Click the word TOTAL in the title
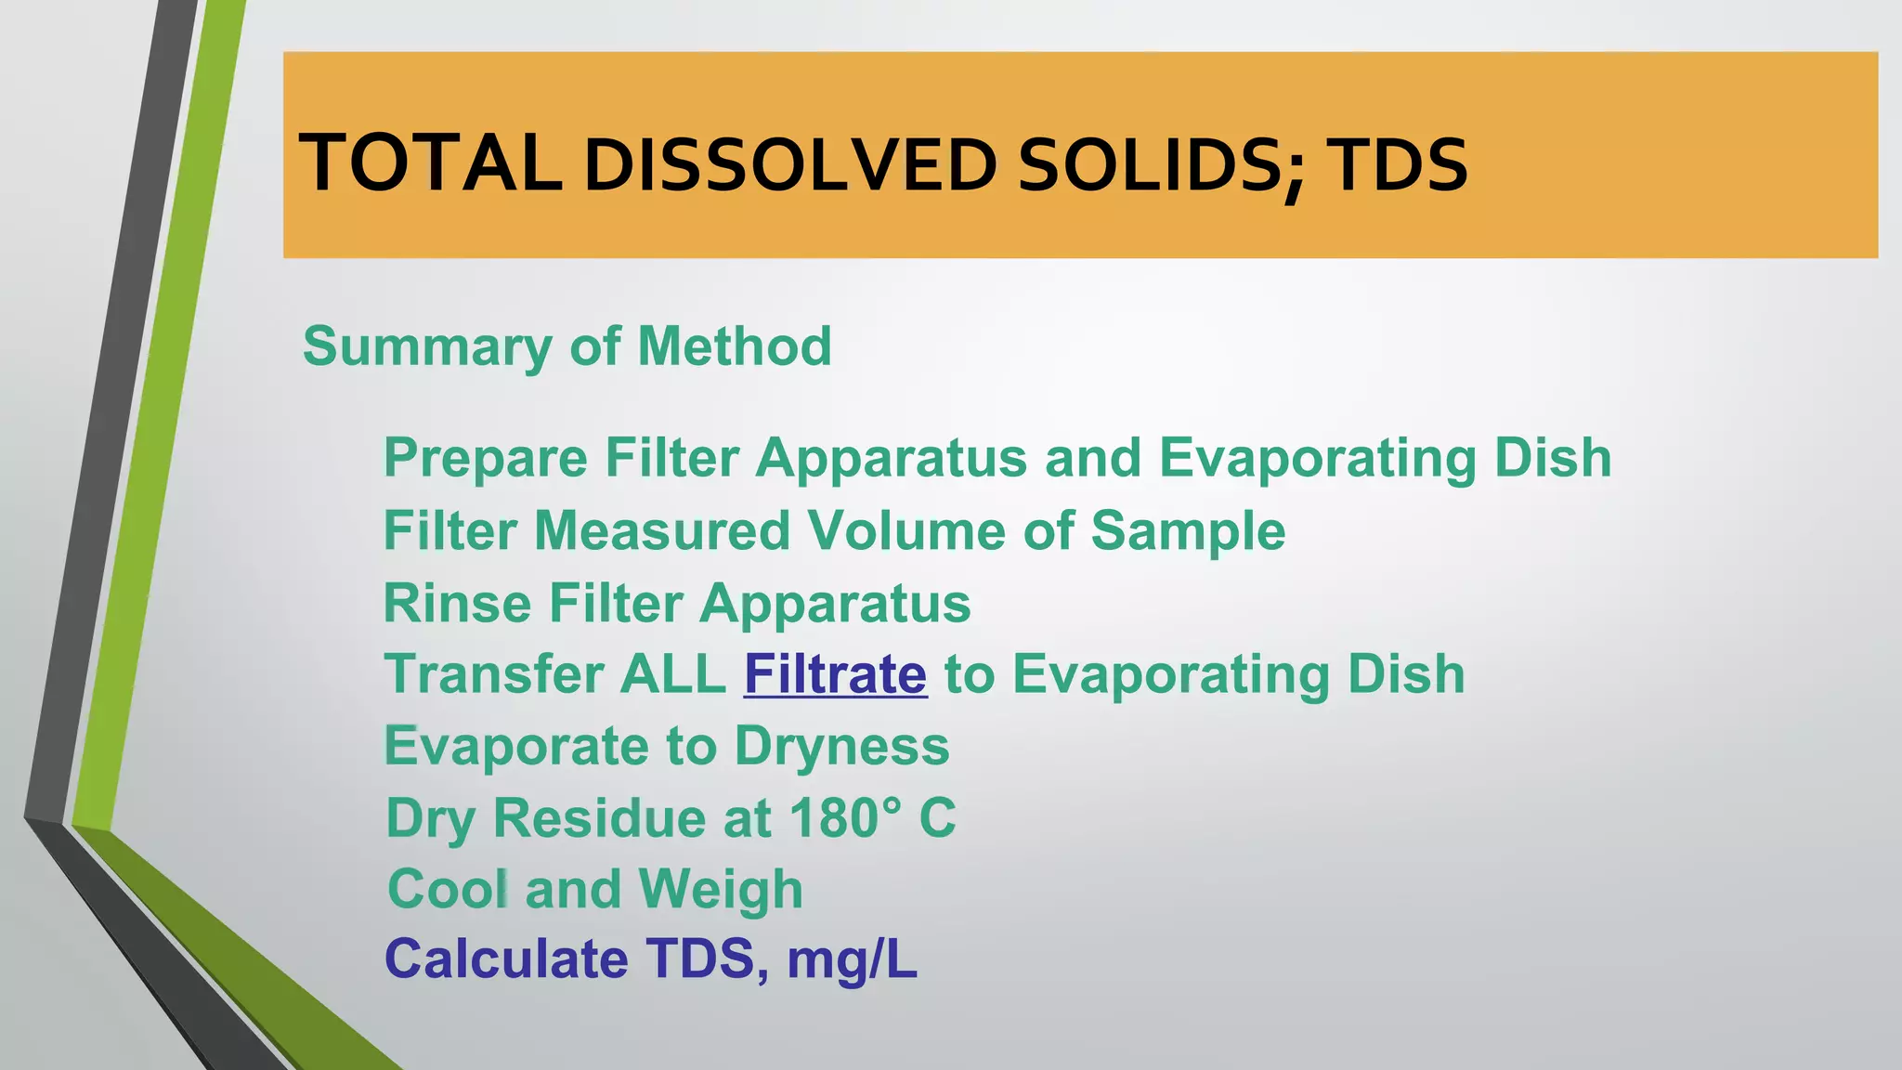[430, 164]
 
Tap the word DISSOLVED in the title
[789, 166]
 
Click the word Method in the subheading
[734, 346]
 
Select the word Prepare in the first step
[485, 458]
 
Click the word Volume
[905, 530]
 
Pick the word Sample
[1188, 530]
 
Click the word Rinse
[457, 603]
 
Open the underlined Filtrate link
[835, 674]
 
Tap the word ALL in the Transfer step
[672, 674]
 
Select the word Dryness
[841, 746]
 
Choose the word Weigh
[721, 889]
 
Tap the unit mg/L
[852, 959]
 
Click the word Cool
[448, 889]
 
